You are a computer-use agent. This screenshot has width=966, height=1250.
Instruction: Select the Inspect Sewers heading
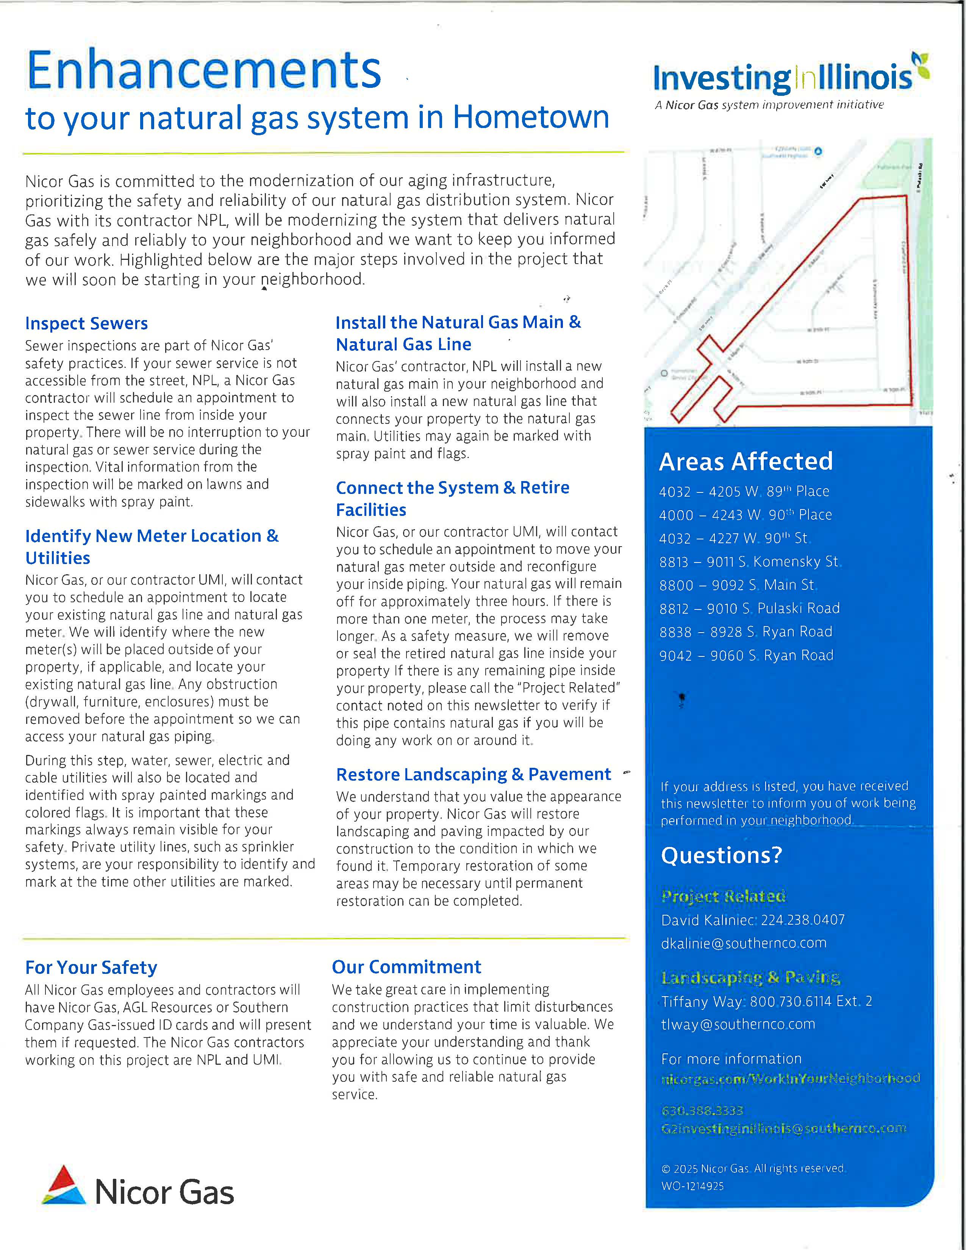tap(86, 323)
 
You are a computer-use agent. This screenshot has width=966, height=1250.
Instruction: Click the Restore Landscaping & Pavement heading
tap(473, 774)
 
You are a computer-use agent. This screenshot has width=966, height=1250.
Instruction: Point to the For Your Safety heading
tap(91, 967)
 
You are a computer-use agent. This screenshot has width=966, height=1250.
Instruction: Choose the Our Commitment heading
tap(406, 967)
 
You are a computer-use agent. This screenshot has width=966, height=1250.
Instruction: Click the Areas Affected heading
tap(746, 461)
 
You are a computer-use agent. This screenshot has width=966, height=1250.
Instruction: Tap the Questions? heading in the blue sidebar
tap(721, 855)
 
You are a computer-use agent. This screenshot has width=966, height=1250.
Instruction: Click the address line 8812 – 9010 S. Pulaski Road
tap(749, 608)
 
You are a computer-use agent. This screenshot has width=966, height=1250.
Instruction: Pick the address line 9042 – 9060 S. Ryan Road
tap(746, 655)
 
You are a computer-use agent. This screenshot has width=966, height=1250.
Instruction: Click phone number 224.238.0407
tap(802, 920)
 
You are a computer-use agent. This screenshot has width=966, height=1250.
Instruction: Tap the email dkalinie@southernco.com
tap(743, 943)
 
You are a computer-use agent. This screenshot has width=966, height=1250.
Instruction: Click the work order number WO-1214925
tap(692, 1186)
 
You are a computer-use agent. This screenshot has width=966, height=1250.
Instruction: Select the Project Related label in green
tap(723, 896)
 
